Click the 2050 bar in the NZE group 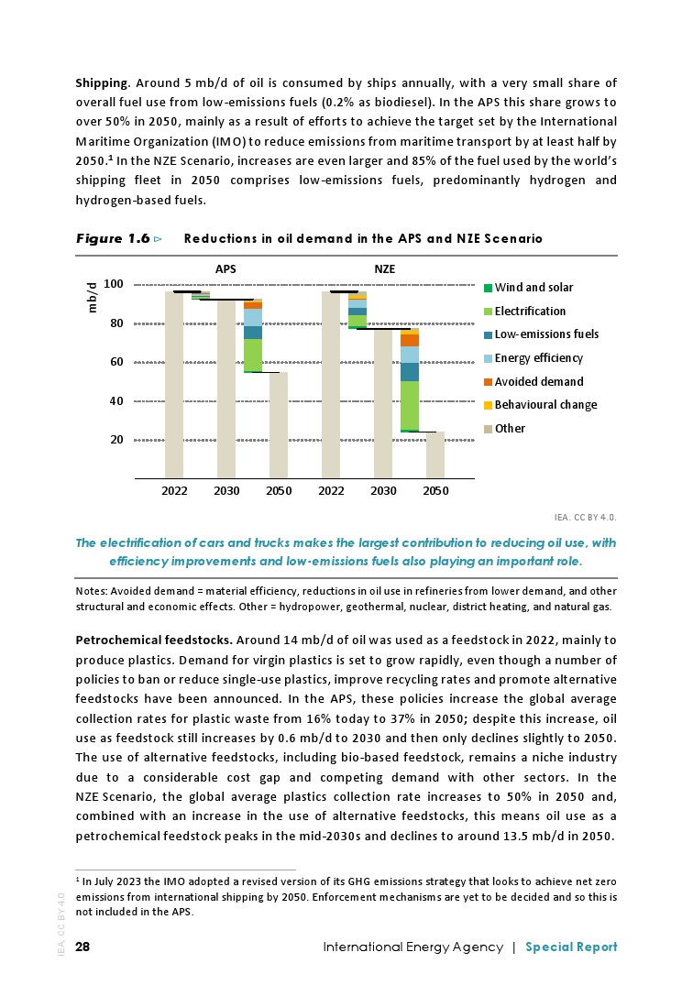pos(435,454)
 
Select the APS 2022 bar pos(174,385)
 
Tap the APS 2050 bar pos(279,425)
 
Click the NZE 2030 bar pos(383,403)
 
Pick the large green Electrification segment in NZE pos(410,405)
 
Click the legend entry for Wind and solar pos(533,288)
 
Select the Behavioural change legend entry pos(545,405)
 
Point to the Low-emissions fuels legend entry pos(546,334)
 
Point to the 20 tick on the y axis pos(116,440)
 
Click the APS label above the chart pos(225,270)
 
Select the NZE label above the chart pos(384,270)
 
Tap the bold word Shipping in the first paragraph pos(101,83)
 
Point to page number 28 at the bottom pos(83,947)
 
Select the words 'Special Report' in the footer pos(571,947)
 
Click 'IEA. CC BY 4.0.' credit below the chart pos(586,517)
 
